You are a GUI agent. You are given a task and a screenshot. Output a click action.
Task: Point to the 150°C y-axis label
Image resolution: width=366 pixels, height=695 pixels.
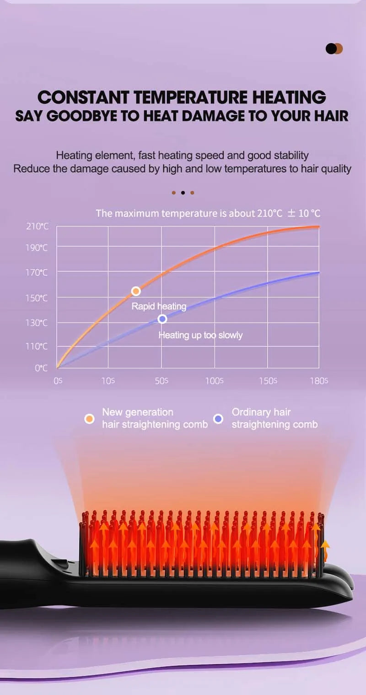[x=37, y=298]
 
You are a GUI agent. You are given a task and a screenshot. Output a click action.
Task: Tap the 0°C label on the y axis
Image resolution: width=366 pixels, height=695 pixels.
[x=41, y=368]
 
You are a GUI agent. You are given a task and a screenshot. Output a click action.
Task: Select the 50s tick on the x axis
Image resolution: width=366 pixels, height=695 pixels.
[x=161, y=381]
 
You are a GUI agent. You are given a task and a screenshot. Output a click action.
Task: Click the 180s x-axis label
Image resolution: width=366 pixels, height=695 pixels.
[x=319, y=381]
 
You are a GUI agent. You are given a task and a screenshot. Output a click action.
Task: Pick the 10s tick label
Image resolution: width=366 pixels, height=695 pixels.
[x=108, y=381]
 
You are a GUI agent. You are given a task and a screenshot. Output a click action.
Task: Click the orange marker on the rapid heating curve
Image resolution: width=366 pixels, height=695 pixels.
[x=136, y=291]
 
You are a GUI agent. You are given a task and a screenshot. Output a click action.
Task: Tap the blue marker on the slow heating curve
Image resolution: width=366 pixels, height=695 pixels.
[x=162, y=319]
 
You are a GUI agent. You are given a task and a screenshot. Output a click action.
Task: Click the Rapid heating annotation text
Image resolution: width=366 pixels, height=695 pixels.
[x=159, y=306]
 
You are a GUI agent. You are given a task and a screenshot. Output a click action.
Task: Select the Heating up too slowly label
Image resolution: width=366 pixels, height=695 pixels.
[x=200, y=335]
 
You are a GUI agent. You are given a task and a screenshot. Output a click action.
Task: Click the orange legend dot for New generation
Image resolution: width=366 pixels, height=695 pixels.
[x=90, y=419]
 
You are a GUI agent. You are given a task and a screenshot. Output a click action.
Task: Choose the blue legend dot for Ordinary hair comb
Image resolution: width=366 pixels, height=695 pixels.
[x=219, y=419]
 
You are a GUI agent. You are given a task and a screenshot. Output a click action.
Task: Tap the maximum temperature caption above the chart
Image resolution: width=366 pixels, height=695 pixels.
[x=208, y=213]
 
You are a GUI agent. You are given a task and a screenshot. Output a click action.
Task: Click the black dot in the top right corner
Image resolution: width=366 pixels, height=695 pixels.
[x=331, y=48]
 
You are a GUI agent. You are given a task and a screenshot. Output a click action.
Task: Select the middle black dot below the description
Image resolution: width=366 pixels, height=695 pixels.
[x=183, y=193]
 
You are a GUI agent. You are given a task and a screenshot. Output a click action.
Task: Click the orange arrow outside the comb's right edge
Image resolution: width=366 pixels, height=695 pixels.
[x=325, y=549]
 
